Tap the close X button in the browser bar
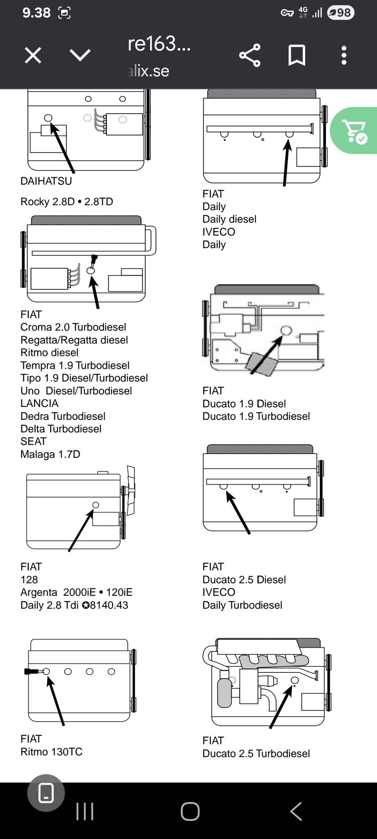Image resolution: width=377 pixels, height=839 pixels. pos(33,55)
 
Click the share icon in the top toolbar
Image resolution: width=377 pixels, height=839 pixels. pos(250,55)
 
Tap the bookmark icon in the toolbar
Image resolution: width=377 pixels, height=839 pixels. pos(297,55)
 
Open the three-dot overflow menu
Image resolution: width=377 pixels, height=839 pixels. pos(344,55)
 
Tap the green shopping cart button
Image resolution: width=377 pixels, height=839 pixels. pos(354,131)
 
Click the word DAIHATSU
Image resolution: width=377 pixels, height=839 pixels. pos(46,181)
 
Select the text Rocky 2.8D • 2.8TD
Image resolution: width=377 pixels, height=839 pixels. pos(67,202)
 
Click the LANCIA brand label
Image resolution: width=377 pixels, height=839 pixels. pos(39,403)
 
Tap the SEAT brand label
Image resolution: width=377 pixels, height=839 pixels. pos(33,441)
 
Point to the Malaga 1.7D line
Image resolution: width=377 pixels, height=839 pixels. pos(50,454)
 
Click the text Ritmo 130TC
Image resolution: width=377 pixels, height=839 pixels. pos(51,752)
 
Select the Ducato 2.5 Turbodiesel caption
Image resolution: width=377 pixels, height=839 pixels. pos(256,754)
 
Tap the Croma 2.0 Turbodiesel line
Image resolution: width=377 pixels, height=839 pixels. pos(73,327)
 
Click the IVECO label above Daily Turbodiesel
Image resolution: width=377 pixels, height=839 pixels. pos(219,592)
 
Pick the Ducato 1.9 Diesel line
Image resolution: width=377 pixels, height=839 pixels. pos(244,403)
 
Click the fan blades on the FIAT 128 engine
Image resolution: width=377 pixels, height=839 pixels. pos(131,490)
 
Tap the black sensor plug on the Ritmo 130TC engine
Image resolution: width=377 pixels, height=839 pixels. pos(31,672)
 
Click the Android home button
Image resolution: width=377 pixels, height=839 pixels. pos(190,811)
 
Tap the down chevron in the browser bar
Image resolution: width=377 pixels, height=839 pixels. pos(80,55)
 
